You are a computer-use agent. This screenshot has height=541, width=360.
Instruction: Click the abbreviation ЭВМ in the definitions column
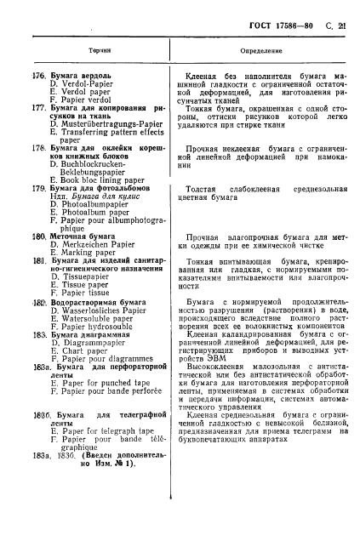[x=228, y=394]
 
